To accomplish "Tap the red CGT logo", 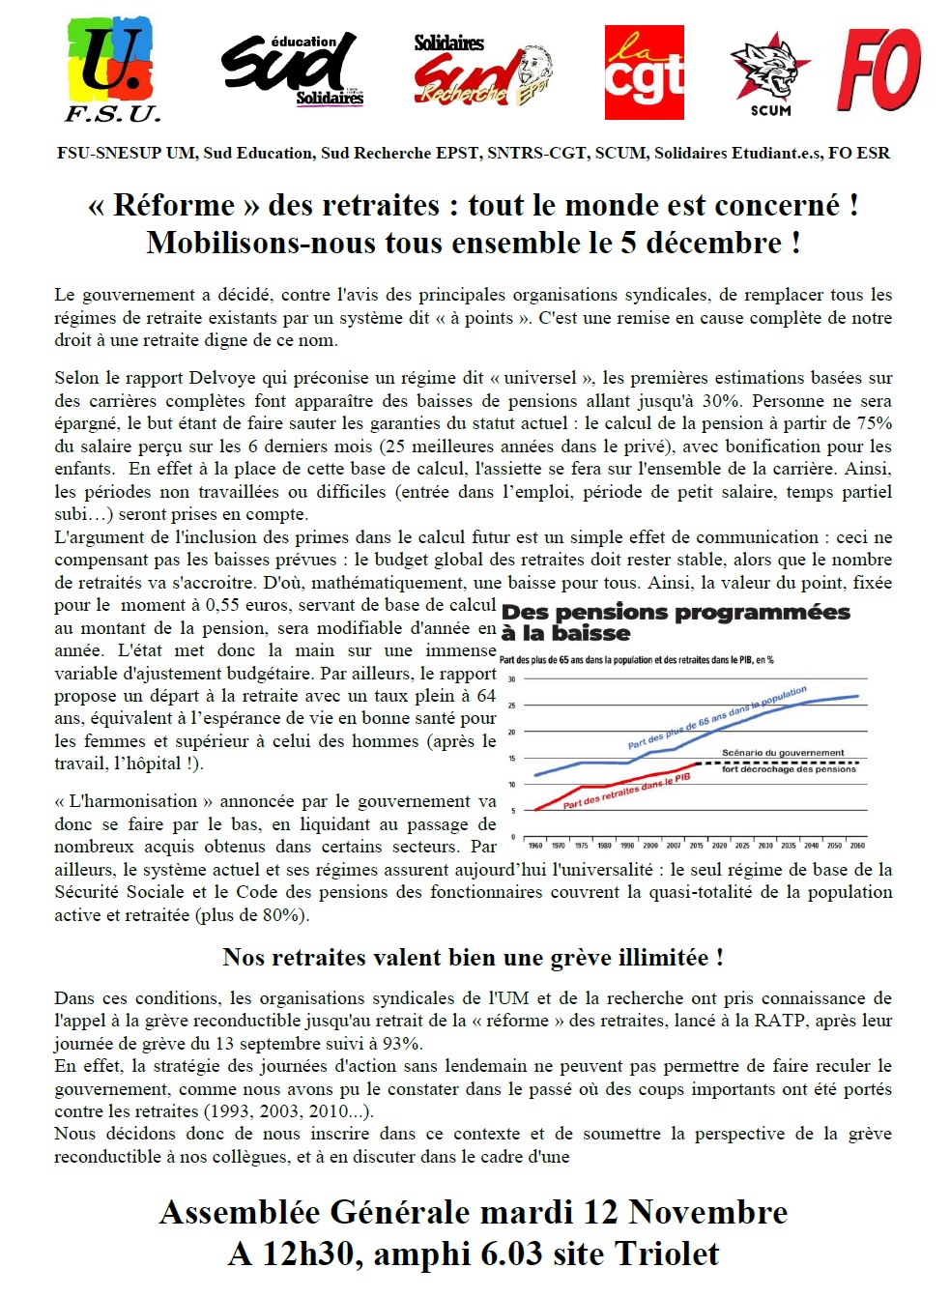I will (x=644, y=73).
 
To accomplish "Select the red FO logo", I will (x=878, y=70).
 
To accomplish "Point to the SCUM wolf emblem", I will (x=770, y=73).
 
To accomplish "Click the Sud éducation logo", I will (x=293, y=70).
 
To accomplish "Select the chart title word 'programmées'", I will (x=763, y=613).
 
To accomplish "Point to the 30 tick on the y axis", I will (x=512, y=679).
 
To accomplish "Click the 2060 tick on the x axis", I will (x=857, y=845).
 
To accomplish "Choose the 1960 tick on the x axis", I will (x=535, y=845).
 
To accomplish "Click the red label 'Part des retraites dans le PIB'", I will (x=626, y=792).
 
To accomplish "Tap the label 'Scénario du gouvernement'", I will (x=783, y=753).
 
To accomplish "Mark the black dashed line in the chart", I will (x=773, y=763).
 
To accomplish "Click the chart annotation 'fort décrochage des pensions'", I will (x=789, y=769).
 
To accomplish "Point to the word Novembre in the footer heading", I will (x=707, y=1212).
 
